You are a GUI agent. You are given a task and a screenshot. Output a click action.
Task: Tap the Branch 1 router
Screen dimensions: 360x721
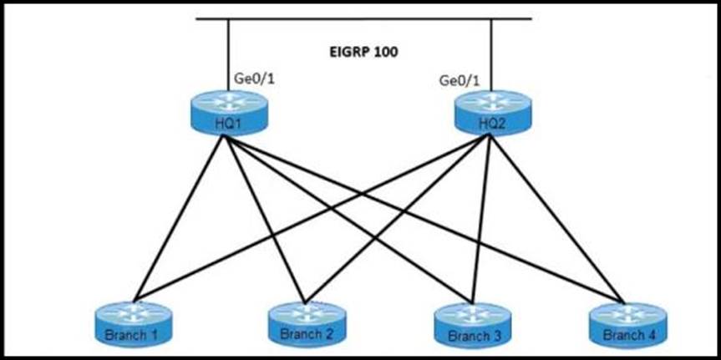pos(131,322)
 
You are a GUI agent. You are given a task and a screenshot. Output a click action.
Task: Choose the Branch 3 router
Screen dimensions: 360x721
pos(471,322)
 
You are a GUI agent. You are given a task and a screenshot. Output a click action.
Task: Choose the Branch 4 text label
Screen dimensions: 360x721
pos(626,335)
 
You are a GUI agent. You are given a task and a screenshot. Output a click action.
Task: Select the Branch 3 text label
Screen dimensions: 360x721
pos(471,336)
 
